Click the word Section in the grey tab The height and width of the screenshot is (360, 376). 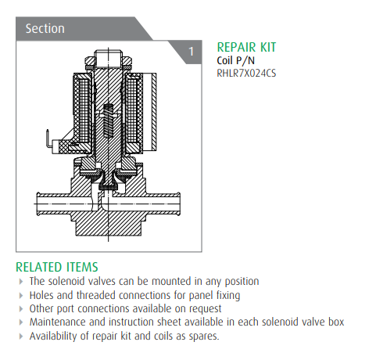coord(45,28)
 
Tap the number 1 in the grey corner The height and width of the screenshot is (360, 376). coord(192,52)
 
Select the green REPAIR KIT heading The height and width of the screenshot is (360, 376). coord(246,47)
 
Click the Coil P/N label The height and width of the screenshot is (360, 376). coord(235,60)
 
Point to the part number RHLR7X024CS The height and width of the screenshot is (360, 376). coord(246,73)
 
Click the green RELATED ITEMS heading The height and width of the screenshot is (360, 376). coord(57,267)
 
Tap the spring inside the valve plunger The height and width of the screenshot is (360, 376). coord(109,121)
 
